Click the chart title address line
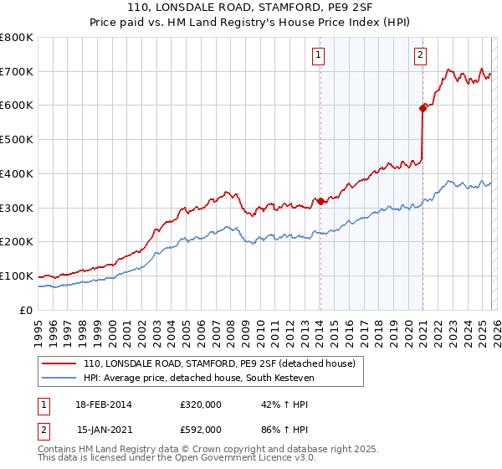(251, 8)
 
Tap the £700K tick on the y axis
(17, 72)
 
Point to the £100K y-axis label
(17, 276)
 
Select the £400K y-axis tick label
(17, 173)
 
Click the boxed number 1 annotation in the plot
(320, 56)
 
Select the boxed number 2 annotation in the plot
(419, 56)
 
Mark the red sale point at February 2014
(320, 201)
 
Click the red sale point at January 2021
(423, 107)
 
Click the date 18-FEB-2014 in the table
(104, 405)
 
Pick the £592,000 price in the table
(201, 429)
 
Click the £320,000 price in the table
(201, 405)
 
